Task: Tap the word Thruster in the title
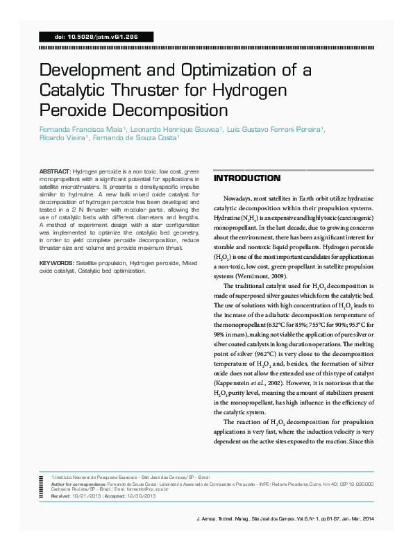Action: coord(156,90)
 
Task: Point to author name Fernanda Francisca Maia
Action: coord(82,130)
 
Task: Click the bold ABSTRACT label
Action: coord(53,171)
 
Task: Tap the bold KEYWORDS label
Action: coord(56,264)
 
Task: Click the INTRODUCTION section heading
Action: coord(247,178)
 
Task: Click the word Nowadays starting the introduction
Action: coord(242,198)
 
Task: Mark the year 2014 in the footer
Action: coord(368,519)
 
